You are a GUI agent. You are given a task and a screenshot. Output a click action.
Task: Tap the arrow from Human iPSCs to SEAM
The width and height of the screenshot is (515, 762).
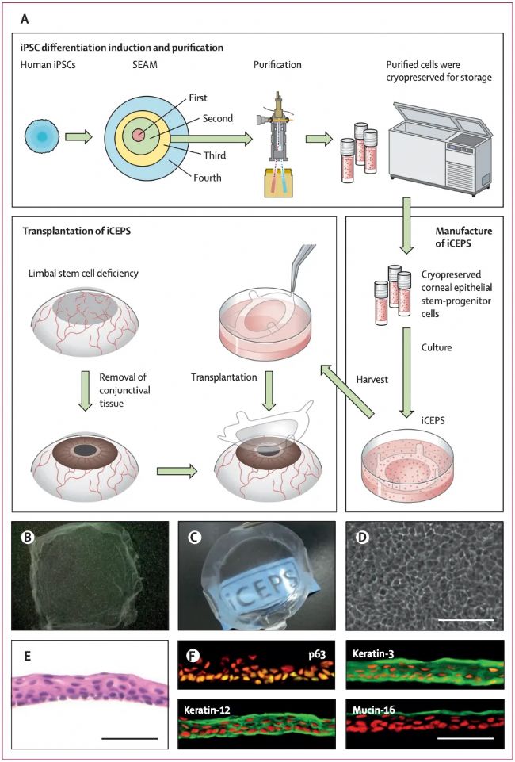click(78, 137)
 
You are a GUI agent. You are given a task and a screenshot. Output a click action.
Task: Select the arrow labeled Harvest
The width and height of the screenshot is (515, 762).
click(349, 391)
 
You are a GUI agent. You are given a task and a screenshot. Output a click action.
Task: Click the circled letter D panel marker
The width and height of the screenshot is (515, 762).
click(360, 537)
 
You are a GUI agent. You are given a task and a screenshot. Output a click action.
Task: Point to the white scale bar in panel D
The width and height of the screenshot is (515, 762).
click(466, 620)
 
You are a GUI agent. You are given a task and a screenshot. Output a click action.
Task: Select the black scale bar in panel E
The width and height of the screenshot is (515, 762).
click(130, 738)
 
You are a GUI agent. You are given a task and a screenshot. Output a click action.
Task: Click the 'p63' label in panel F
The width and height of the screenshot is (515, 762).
click(318, 655)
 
